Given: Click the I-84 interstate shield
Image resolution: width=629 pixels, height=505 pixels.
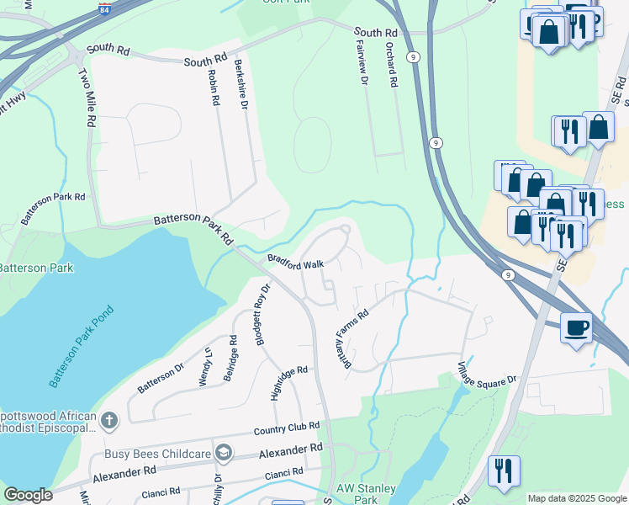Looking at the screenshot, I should [104, 8].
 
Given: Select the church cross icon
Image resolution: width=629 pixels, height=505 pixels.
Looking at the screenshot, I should [108, 420].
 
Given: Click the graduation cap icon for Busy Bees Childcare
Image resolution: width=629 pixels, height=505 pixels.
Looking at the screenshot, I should [223, 454].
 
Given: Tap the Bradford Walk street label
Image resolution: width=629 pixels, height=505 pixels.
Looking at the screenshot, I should [295, 262].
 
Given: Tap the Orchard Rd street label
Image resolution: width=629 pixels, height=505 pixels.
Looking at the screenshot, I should [391, 66].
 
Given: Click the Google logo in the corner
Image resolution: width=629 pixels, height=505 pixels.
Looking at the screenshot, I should [28, 494].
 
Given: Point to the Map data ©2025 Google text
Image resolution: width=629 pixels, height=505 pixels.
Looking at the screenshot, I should [576, 498].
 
